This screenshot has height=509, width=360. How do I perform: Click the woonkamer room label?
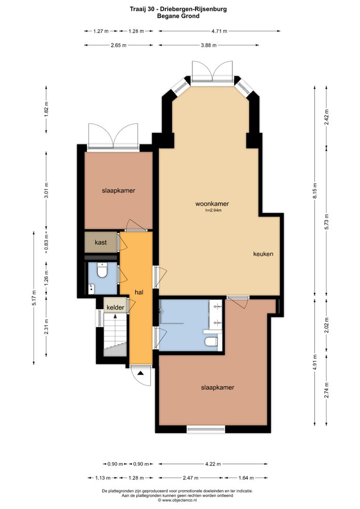click(x=212, y=204)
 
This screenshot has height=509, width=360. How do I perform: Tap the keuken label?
click(x=263, y=254)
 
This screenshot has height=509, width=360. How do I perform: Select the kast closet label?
click(x=100, y=242)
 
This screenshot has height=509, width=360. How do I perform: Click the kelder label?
click(x=115, y=307)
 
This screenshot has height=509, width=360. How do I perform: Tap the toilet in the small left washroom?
click(x=102, y=271)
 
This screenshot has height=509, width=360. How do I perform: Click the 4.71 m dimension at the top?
click(x=219, y=31)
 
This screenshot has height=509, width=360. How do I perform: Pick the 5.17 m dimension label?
click(x=34, y=297)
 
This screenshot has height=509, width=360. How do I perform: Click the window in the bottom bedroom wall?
click(x=205, y=429)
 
